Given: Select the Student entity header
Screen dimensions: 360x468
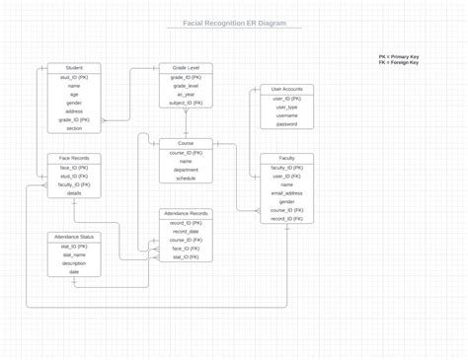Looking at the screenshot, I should coord(74,68).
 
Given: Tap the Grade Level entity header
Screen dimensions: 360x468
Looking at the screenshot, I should coord(186,68).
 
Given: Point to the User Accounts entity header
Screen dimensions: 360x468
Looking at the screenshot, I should coord(287,90).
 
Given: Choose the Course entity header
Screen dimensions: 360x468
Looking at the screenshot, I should coord(186,144).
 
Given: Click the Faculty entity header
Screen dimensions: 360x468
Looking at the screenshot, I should coord(287,159).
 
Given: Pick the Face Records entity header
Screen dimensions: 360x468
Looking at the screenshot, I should coord(74,159).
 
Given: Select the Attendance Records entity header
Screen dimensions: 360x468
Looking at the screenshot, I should coord(186,213).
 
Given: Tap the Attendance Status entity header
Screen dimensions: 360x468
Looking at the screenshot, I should coord(74,237).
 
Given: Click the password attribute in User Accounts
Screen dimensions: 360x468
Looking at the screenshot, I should coord(287,124).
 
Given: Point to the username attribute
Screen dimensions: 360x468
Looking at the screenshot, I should coord(287,116).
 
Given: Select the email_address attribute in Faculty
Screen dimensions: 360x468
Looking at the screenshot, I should coord(287,193).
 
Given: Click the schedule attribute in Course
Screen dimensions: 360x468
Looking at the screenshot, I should coord(186,179).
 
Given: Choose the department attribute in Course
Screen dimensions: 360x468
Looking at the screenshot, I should coord(186,170).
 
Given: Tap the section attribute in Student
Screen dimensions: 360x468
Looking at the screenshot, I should coord(74,128).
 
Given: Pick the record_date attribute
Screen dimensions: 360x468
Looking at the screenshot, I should coord(186,231).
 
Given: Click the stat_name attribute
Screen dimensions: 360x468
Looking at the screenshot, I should coord(74,254).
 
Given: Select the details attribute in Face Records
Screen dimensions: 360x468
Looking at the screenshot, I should coord(74,193).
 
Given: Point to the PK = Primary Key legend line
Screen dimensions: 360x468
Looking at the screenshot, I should coord(399,57).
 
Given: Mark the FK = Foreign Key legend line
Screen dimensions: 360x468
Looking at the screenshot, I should coord(398,63).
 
